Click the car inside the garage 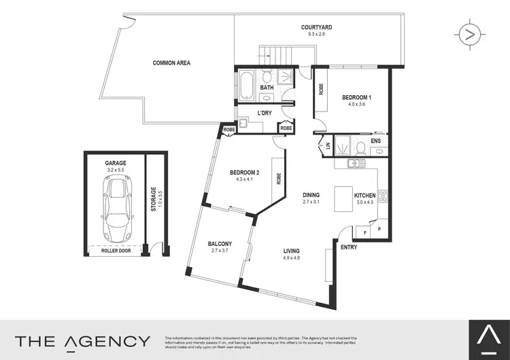click(116, 208)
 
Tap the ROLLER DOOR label click(116, 251)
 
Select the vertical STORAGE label click(154, 198)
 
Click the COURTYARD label click(317, 28)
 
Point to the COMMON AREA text click(171, 63)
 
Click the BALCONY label click(220, 244)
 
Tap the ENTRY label click(349, 247)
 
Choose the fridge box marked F click(364, 232)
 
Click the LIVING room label click(292, 251)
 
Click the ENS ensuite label click(375, 141)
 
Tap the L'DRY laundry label click(265, 113)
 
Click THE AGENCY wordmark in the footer click(82, 340)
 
